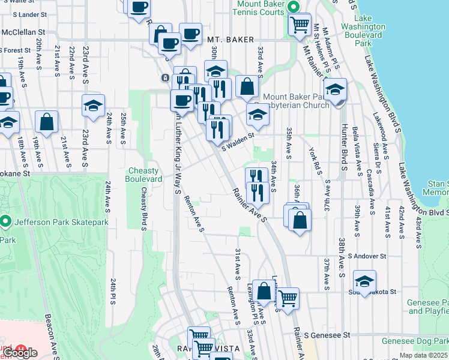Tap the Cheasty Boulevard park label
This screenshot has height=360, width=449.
tap(143, 175)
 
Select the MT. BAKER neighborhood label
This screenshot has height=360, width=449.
tap(228, 40)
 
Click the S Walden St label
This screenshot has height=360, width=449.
tap(238, 135)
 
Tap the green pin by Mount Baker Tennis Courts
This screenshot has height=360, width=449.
tap(294, 7)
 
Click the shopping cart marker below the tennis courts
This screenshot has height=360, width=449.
tap(299, 25)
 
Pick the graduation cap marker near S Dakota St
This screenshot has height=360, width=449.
tap(364, 280)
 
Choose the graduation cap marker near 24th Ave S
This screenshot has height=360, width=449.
tap(93, 106)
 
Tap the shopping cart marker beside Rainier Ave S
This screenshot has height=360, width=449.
tap(288, 296)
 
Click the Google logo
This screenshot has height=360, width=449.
tap(20, 353)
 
